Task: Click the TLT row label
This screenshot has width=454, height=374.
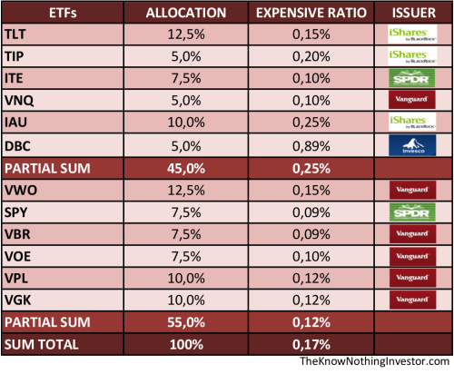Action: point(15,34)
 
